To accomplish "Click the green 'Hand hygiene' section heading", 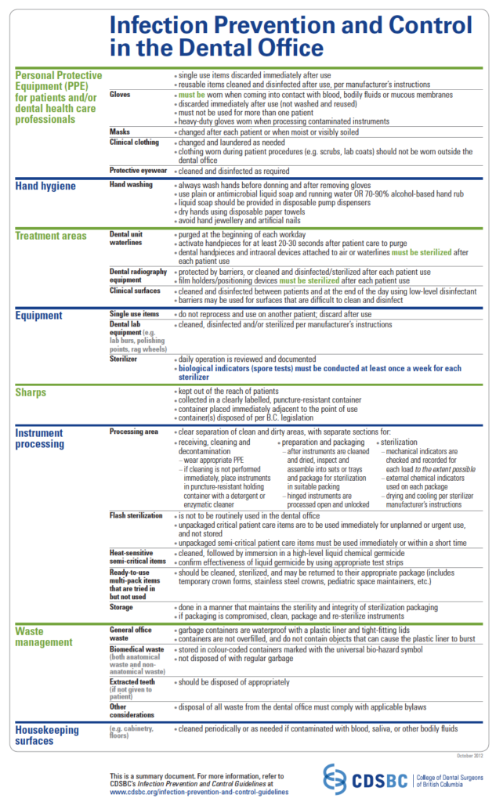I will tap(45, 186).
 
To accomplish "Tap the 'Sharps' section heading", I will tap(31, 392).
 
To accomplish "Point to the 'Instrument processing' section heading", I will tap(41, 438).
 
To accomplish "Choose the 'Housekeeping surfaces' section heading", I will tap(47, 735).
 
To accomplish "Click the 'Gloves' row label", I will tap(121, 95).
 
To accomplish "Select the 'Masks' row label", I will tap(120, 132).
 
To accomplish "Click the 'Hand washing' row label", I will tap(132, 184).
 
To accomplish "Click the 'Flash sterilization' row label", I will tap(136, 515).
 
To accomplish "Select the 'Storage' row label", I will tap(122, 606).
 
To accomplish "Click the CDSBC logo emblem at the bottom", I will tap(335, 779).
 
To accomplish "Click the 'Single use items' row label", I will tap(134, 314).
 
